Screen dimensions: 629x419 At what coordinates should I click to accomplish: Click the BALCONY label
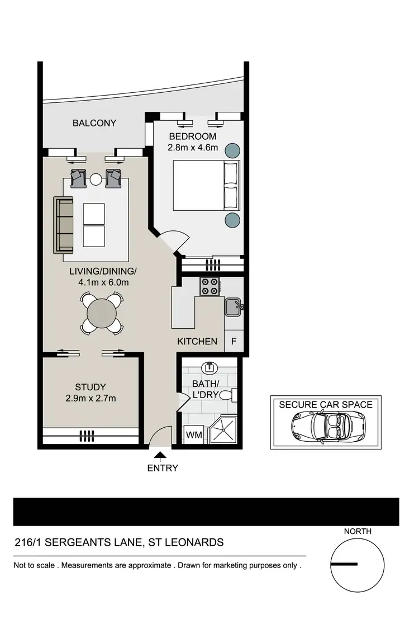click(x=94, y=123)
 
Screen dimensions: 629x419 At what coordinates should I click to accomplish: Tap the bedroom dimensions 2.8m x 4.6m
click(x=192, y=148)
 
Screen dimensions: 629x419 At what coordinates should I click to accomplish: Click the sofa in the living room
click(x=64, y=224)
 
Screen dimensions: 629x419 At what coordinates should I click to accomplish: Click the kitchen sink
click(x=233, y=306)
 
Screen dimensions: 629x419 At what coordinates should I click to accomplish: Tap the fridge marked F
click(x=234, y=341)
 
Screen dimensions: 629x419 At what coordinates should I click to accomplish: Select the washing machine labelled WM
click(x=193, y=434)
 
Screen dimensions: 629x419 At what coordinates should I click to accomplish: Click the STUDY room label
click(x=91, y=387)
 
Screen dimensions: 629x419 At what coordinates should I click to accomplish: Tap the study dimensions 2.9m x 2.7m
click(x=91, y=399)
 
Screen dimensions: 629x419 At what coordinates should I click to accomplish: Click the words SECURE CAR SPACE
click(x=326, y=404)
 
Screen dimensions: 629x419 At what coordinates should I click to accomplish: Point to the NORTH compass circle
click(x=358, y=565)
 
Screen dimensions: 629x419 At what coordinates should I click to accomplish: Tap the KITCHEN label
click(x=197, y=341)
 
